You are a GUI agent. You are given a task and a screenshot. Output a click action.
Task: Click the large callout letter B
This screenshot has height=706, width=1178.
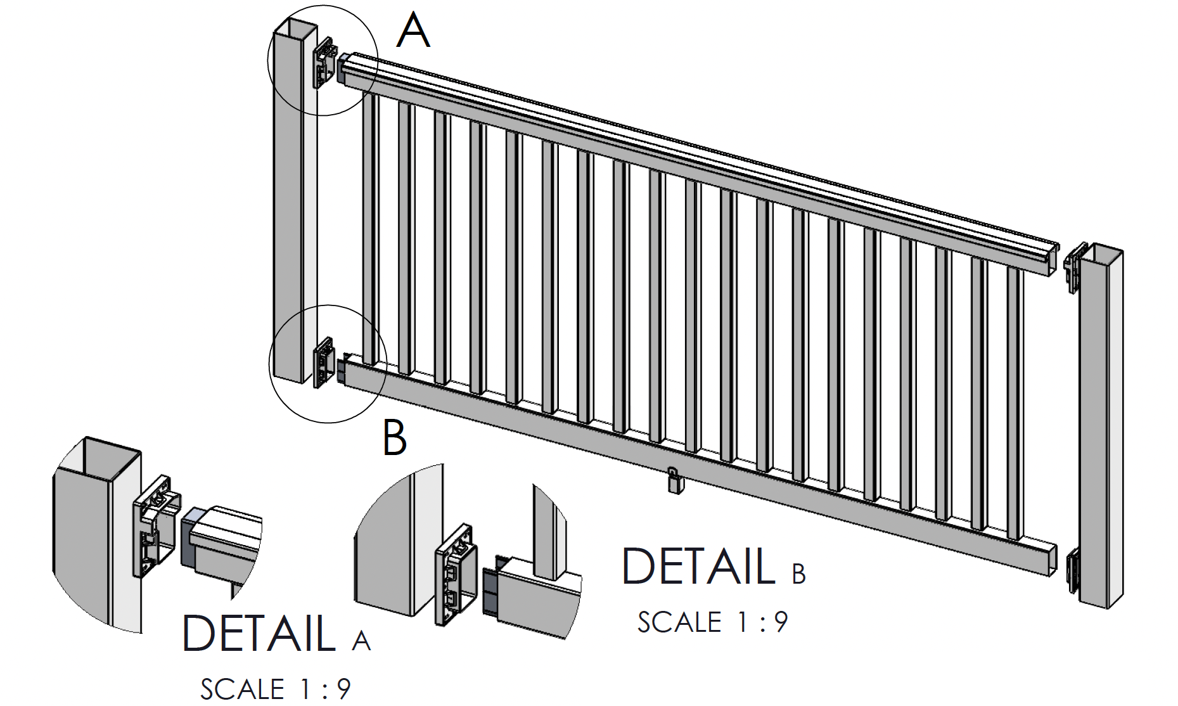(x=394, y=438)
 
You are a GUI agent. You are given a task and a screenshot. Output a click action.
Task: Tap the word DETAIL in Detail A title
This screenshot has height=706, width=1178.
(x=259, y=632)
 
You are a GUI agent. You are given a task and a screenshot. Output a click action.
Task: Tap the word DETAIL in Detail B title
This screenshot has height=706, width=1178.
(x=698, y=566)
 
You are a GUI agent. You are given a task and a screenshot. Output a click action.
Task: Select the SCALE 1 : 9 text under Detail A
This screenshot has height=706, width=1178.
(x=276, y=690)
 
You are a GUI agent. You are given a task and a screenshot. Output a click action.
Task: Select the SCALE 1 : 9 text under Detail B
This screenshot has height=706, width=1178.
(x=712, y=622)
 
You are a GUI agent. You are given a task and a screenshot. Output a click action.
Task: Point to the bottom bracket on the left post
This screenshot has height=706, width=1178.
(x=324, y=363)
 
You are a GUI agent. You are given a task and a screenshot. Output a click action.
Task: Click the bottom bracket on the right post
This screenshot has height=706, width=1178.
(x=1073, y=570)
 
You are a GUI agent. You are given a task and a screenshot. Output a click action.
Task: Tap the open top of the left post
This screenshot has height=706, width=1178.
(x=295, y=29)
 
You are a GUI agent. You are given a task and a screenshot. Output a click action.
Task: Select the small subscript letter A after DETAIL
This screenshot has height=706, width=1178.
(x=361, y=641)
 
